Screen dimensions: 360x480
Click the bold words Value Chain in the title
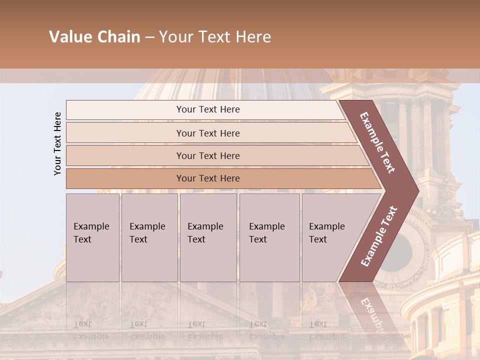pos(94,37)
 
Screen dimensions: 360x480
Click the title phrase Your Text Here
pos(215,37)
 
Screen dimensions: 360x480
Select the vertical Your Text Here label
pos(57,143)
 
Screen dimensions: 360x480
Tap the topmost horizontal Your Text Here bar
pos(207,109)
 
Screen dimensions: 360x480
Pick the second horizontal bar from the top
pos(208,133)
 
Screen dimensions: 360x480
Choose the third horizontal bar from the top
pos(208,155)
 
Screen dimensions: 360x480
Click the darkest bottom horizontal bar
pos(208,178)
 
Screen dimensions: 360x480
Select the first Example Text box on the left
pos(92,237)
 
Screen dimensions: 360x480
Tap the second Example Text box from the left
pos(149,237)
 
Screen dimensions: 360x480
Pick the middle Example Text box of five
pos(208,237)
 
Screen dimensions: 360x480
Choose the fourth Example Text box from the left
pos(269,237)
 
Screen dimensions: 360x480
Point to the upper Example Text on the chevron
pos(377,142)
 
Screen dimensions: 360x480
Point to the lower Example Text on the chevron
pos(379,236)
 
